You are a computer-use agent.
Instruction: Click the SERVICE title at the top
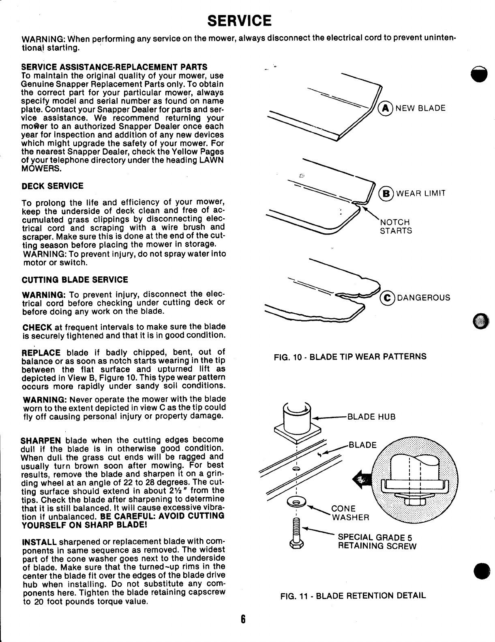[239, 20]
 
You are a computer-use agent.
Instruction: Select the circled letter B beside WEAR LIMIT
[386, 193]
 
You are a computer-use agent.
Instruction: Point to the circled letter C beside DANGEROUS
[387, 298]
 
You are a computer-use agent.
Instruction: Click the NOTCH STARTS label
[395, 226]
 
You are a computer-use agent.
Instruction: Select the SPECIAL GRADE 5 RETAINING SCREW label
[377, 541]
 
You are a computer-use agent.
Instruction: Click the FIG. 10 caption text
[350, 357]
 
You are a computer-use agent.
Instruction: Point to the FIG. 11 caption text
[353, 596]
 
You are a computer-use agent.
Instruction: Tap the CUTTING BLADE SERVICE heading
[74, 280]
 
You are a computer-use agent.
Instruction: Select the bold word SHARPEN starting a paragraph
[41, 440]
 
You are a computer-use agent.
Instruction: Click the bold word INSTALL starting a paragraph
[39, 542]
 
